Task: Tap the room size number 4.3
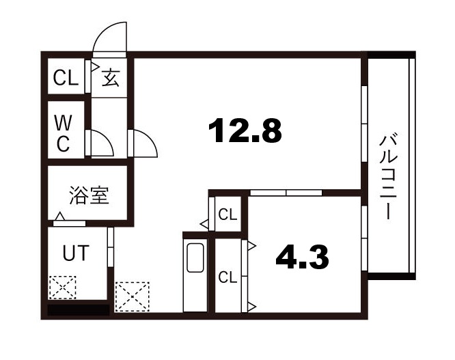coord(302,257)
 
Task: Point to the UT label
coord(75,253)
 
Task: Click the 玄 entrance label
coord(111,78)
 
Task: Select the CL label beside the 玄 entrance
coord(66,78)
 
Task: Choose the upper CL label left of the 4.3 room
coord(227,214)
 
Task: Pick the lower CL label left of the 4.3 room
coord(227,277)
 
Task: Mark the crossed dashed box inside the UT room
coord(62,288)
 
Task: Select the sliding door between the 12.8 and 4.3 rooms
coord(286,193)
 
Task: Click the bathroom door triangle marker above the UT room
coord(61,218)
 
